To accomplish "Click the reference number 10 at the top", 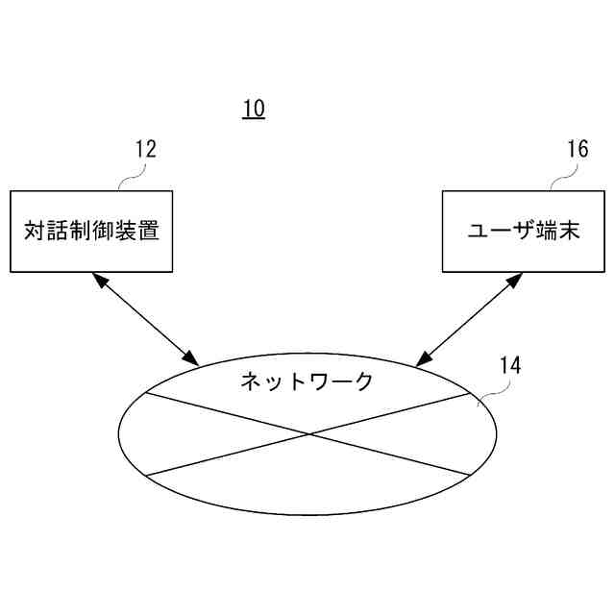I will [x=254, y=109].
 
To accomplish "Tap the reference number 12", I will [x=145, y=149].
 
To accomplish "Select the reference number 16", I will [x=577, y=149].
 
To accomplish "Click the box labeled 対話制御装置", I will [x=91, y=231].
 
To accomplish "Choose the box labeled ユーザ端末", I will [x=523, y=231].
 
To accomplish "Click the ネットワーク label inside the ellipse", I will [x=306, y=381].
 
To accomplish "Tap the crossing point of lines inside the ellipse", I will [x=308, y=434].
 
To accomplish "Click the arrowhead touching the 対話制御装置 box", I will [x=99, y=279].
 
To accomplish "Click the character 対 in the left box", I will [x=34, y=231].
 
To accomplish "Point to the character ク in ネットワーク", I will [x=361, y=381].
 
